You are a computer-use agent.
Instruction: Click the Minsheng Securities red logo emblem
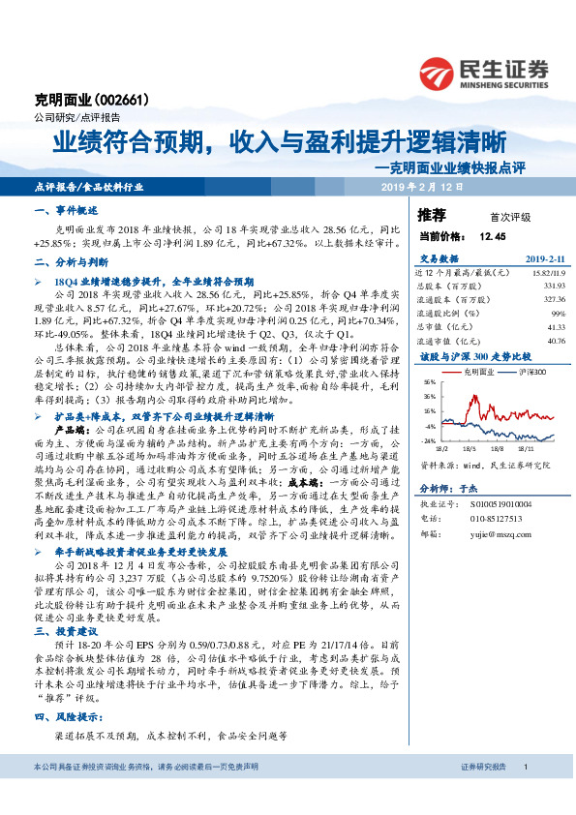(x=441, y=71)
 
